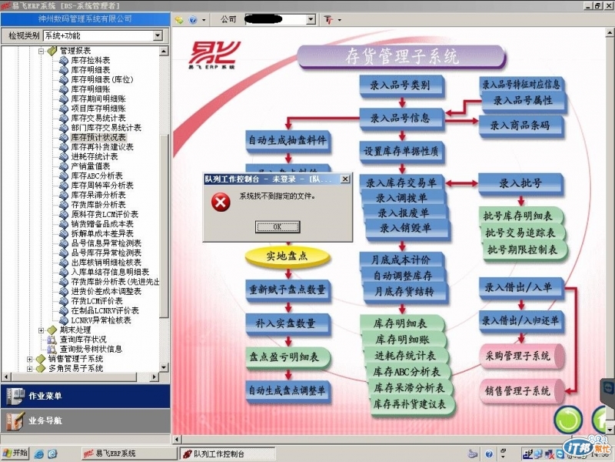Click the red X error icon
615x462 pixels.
tap(221, 202)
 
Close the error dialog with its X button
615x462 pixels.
tap(345, 179)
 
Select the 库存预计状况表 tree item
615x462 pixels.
tap(98, 137)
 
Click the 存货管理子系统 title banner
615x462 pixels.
tap(400, 55)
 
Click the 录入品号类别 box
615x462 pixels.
tap(399, 85)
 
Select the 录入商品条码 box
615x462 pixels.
tap(520, 125)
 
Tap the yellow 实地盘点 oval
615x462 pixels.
tap(286, 256)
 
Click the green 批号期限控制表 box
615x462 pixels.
tap(524, 249)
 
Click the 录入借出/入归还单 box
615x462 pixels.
tap(520, 320)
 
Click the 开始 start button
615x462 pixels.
tap(15, 453)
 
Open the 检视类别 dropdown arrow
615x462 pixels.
tap(158, 35)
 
